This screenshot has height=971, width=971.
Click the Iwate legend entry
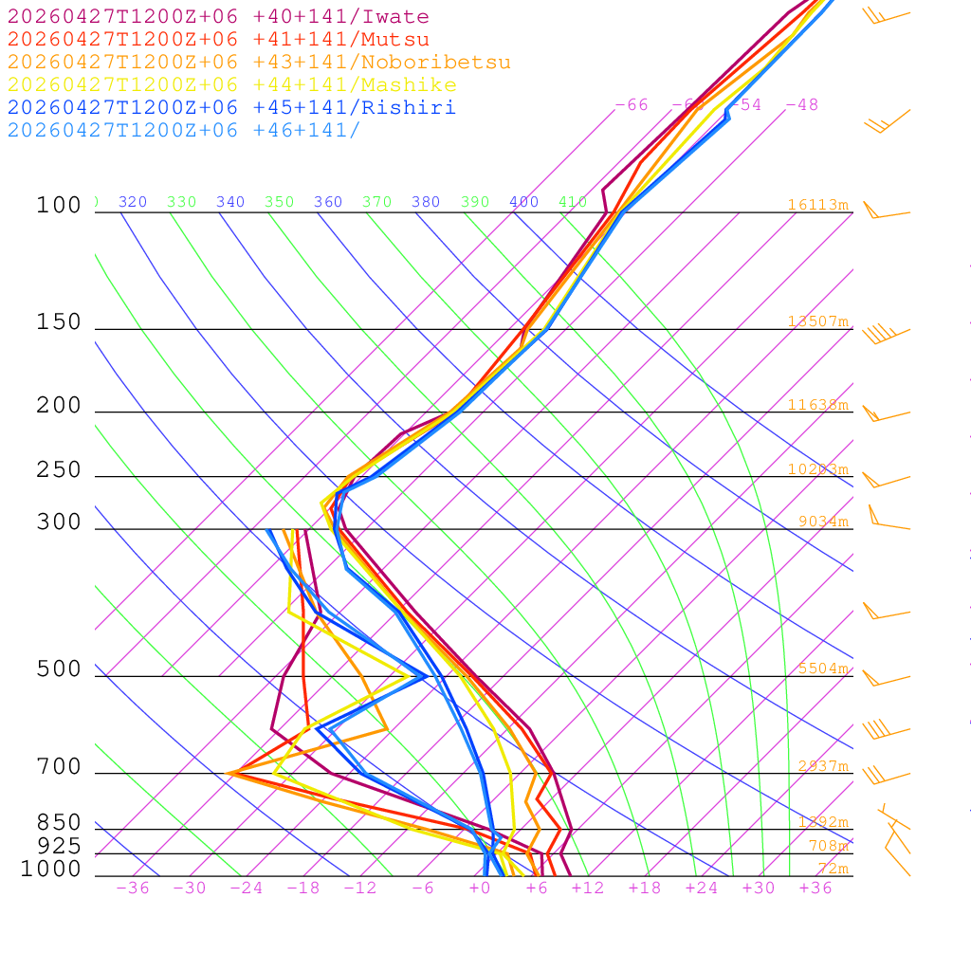click(218, 17)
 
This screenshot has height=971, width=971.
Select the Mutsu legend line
click(218, 40)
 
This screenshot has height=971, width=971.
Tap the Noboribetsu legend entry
click(259, 63)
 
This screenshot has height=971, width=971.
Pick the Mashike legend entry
click(231, 85)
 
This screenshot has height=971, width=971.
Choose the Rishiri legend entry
click(231, 108)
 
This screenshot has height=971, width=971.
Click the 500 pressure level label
click(59, 669)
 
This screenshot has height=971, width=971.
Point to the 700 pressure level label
click(59, 767)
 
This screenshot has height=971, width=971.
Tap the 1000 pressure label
click(51, 869)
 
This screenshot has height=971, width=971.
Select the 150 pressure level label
click(59, 322)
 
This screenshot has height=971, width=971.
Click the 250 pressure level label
click(59, 470)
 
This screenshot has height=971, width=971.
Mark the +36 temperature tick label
click(815, 889)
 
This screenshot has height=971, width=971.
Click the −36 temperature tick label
click(133, 889)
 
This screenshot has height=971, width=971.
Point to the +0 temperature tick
click(479, 889)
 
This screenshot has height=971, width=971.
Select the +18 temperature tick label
click(645, 889)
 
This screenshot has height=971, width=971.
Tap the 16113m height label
click(817, 205)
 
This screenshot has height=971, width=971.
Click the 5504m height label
click(822, 669)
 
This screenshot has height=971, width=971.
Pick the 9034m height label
click(822, 522)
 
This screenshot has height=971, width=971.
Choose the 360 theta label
click(328, 202)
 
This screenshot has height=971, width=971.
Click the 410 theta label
click(573, 202)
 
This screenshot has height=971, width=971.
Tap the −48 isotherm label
click(801, 105)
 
